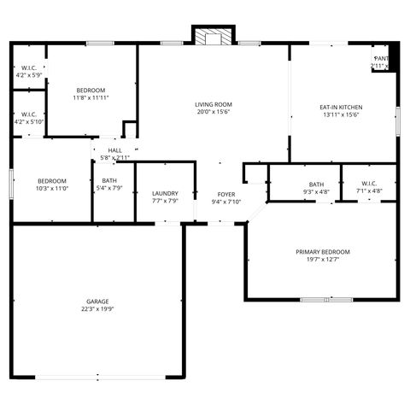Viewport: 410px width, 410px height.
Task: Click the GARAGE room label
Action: [97, 302]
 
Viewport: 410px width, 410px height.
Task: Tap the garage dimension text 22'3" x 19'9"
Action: [97, 309]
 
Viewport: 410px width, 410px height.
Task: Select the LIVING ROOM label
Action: [214, 104]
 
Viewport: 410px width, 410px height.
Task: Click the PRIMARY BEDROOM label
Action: [323, 252]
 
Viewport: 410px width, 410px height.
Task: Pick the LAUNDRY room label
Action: [165, 193]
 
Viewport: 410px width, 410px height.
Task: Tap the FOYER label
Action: [226, 195]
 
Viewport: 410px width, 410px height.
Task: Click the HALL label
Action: [114, 150]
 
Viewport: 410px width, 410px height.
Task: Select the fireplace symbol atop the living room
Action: [213, 38]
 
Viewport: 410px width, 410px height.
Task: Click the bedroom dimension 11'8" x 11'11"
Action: [91, 97]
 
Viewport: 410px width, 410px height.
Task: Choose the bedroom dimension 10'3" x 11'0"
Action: [52, 188]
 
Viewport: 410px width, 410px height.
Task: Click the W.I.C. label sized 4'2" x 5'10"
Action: [28, 114]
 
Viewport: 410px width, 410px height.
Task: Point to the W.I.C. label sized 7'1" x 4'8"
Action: [369, 184]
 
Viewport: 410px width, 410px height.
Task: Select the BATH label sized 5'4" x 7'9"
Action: [110, 180]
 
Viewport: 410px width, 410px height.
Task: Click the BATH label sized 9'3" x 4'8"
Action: [316, 184]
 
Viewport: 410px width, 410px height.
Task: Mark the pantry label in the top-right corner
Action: [381, 59]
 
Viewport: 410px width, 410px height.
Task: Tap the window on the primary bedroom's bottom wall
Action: [327, 300]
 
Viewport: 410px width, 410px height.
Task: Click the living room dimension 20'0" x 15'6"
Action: [214, 112]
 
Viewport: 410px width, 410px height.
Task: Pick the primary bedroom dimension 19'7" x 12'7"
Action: [323, 260]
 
